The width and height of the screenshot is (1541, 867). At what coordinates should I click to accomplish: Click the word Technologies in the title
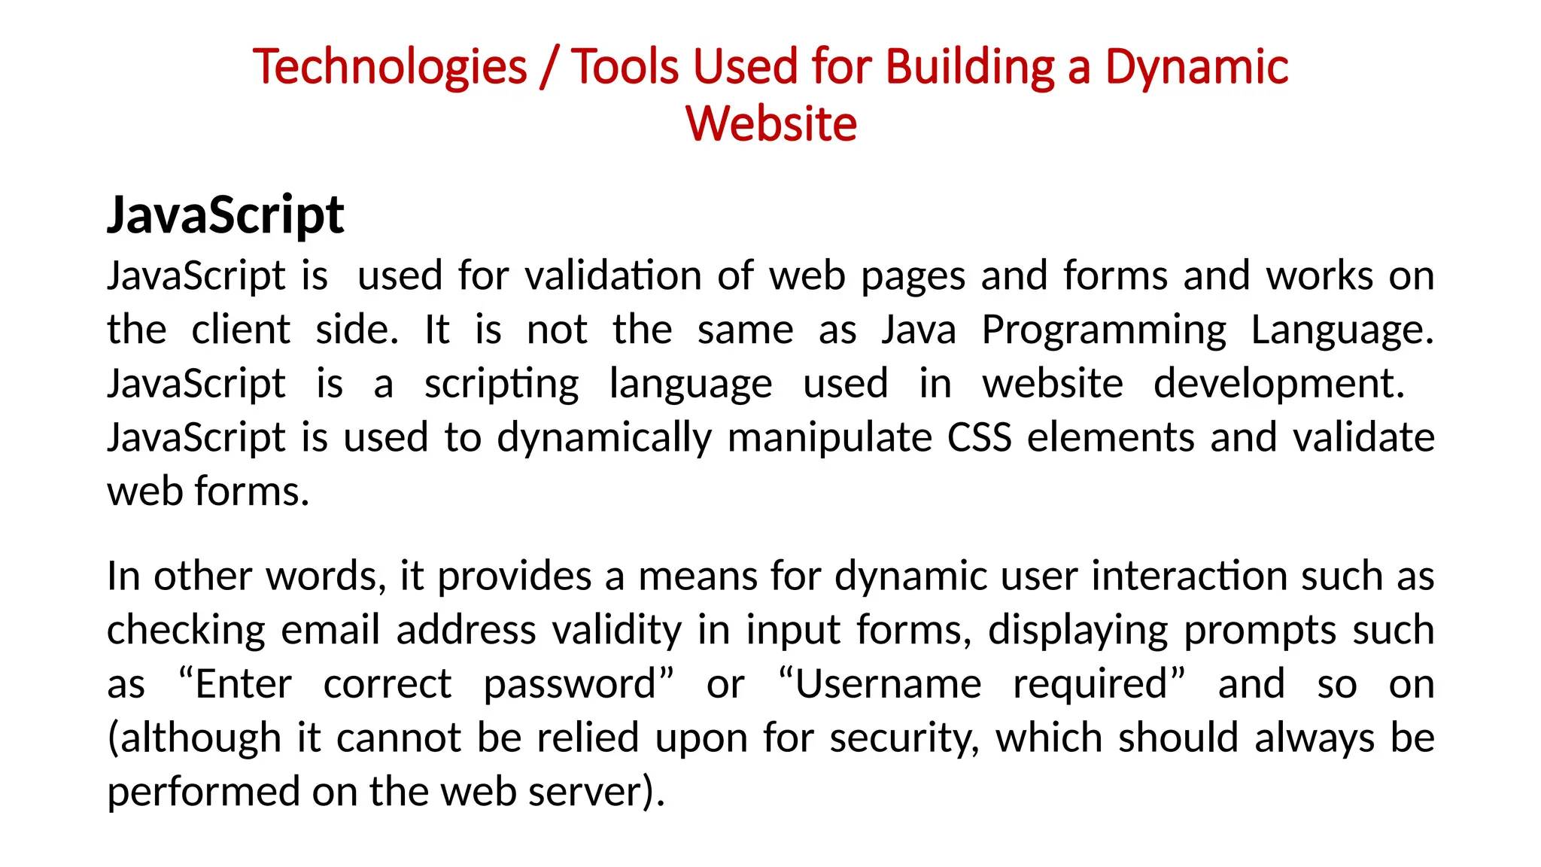point(390,68)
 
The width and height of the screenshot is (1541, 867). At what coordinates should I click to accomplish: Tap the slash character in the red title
point(549,68)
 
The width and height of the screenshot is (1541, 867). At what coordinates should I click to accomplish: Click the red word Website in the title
point(771,124)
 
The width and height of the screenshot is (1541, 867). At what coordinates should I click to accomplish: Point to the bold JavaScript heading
point(226,216)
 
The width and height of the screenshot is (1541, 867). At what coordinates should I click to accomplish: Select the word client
point(241,330)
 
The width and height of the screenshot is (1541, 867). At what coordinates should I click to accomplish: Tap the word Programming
point(1104,331)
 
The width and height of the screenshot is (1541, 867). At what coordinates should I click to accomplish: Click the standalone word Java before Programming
point(919,330)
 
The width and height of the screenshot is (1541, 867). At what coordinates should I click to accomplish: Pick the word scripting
point(502,385)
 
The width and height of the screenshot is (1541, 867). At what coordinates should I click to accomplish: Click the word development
point(1278,385)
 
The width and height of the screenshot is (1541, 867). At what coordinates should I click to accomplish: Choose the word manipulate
point(829,439)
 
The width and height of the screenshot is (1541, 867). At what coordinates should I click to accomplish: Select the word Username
point(888,684)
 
